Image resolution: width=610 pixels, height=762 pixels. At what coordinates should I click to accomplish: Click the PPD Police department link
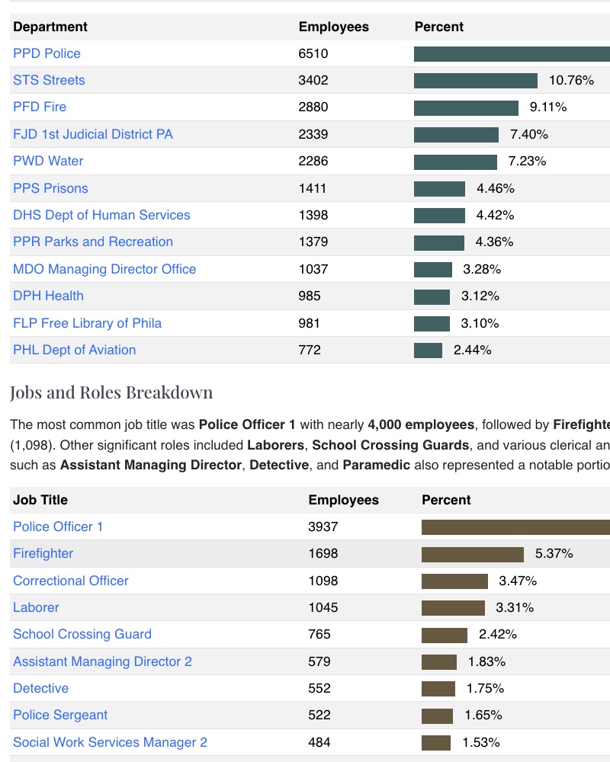coord(47,53)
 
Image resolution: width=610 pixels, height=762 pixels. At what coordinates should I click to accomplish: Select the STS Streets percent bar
coord(475,81)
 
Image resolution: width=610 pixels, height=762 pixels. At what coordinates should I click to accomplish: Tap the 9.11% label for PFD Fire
coord(548,107)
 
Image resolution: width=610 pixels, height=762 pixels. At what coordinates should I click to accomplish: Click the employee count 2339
coord(313,134)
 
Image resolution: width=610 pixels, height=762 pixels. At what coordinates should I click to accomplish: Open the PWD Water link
coord(48,161)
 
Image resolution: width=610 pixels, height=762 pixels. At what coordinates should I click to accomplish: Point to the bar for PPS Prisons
coord(439,188)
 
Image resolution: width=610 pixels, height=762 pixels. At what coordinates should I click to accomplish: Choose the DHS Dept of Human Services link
coord(101,215)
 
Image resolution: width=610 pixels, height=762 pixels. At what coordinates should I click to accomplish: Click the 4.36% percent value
coord(494,242)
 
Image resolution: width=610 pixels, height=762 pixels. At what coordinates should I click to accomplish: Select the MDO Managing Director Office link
coord(104,269)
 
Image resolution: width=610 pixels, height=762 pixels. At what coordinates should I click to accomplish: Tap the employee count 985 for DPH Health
coord(310,296)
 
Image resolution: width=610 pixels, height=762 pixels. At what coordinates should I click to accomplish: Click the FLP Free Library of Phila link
coord(87,323)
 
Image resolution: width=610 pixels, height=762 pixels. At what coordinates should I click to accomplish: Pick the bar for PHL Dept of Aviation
coord(428,351)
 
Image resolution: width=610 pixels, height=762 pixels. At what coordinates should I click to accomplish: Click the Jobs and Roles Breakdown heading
coord(111,392)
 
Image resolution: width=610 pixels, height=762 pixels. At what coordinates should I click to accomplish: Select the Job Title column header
coord(40,500)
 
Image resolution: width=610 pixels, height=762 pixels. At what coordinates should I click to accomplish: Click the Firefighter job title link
coord(43,553)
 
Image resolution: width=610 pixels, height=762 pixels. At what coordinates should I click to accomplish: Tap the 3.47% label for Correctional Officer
coord(518,581)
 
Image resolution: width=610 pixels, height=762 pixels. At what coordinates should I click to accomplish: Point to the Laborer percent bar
coord(453,608)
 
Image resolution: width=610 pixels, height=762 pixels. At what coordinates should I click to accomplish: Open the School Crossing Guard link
coord(82,634)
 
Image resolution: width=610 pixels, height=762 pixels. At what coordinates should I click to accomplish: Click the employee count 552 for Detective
coord(319,688)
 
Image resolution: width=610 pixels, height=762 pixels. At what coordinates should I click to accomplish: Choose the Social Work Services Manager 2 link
coord(110,742)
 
